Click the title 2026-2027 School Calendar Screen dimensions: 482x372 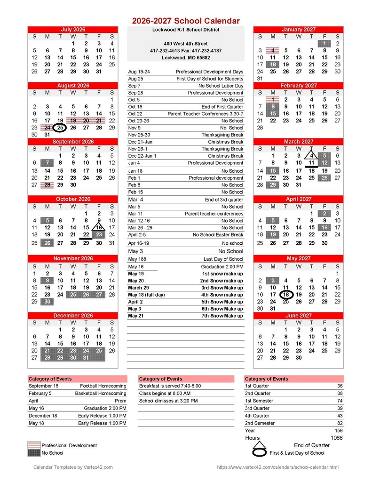pos(186,21)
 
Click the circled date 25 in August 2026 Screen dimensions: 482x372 pos(60,128)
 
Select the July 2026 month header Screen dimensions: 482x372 pos(73,30)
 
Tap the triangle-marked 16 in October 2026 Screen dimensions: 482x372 pos(99,227)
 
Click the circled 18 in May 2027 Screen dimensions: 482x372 pos(285,295)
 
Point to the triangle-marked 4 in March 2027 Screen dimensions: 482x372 pos(311,156)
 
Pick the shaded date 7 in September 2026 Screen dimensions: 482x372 pos(47,163)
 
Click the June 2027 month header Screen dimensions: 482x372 pos(298,315)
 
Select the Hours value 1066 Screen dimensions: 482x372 pos(336,438)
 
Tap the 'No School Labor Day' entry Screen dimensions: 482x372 pos(221,86)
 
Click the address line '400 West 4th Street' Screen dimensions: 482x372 pos(186,44)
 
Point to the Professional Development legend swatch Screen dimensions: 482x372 pos(34,445)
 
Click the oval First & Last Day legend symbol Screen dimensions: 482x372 pos(260,453)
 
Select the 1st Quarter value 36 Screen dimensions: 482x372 pos(340,386)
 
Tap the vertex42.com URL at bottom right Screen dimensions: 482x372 pos(277,467)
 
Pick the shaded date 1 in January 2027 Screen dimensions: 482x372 pos(325,44)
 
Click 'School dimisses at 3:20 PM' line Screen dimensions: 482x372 pos(168,401)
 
